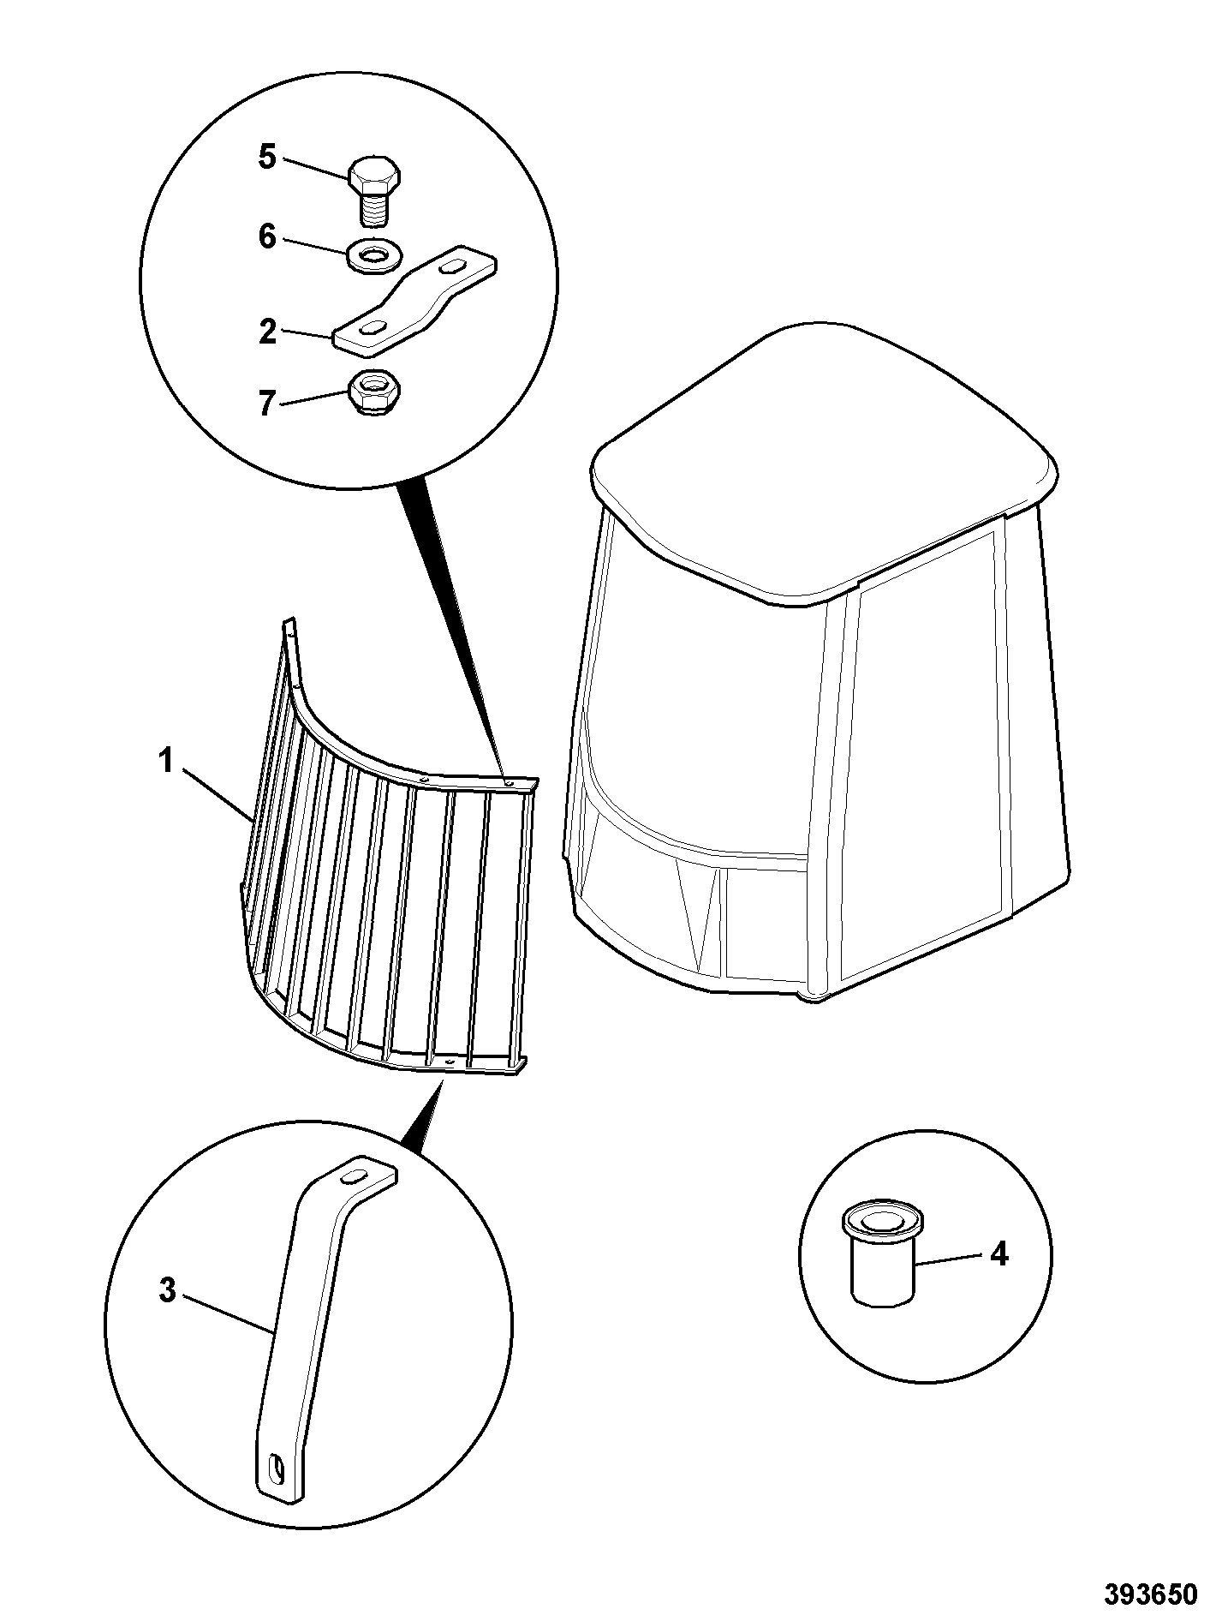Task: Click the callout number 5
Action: click(267, 158)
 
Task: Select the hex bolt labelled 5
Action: click(376, 188)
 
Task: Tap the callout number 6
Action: click(267, 236)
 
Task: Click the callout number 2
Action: click(268, 332)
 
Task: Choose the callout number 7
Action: click(268, 403)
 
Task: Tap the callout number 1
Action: click(165, 760)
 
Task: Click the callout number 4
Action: click(998, 1254)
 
